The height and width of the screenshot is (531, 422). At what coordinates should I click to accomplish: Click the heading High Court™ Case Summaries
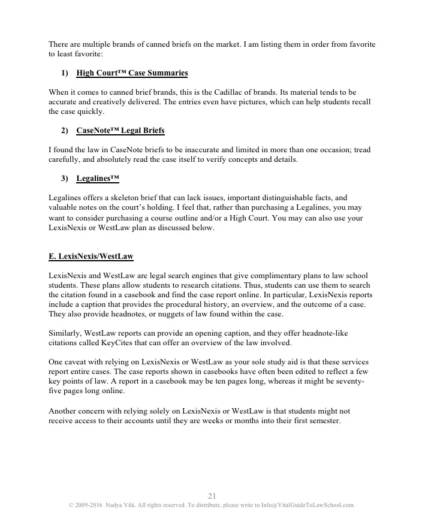click(132, 73)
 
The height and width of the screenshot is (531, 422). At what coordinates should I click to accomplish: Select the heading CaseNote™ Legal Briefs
click(120, 130)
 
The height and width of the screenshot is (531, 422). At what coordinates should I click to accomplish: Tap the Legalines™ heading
click(98, 178)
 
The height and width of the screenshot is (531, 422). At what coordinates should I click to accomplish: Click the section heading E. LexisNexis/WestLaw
click(91, 257)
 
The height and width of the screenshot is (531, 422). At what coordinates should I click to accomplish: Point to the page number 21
click(212, 496)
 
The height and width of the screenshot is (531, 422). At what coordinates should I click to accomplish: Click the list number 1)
click(65, 73)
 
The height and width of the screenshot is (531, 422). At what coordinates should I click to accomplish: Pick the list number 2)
click(65, 130)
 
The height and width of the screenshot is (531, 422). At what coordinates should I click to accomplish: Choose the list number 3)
click(65, 178)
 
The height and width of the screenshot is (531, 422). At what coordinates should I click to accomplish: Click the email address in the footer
click(308, 505)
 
